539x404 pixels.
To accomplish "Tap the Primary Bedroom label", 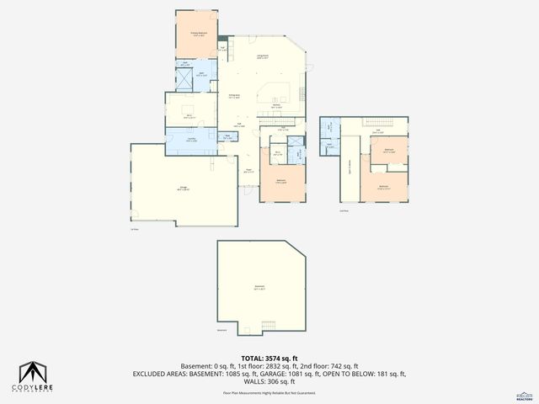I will tap(197, 35).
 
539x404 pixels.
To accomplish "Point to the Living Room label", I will tap(263, 56).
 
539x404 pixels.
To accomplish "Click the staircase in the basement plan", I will tap(269, 326).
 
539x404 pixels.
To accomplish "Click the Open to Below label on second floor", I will tap(350, 165).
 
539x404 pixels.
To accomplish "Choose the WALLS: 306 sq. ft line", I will tap(269, 380).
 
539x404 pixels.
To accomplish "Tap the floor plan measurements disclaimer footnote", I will tap(269, 392).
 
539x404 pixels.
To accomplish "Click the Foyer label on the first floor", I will tap(249, 171).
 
